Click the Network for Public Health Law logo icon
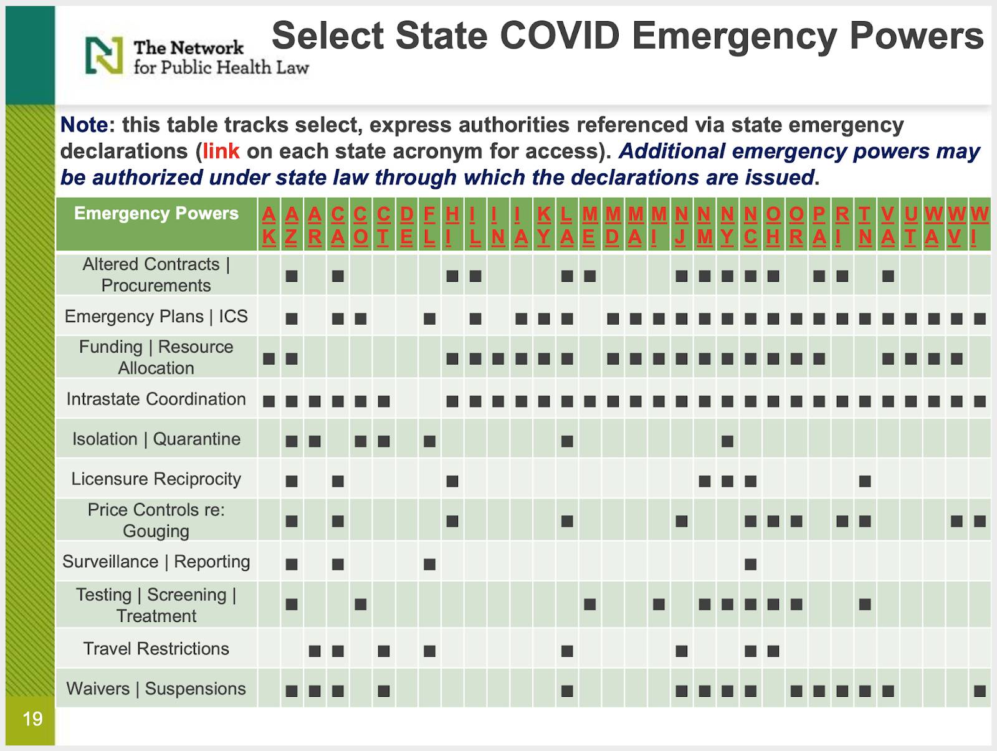(104, 55)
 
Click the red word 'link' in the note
(221, 151)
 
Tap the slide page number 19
(32, 719)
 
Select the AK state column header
(269, 226)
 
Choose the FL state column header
(429, 226)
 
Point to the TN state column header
(865, 226)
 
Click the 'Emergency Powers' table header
(156, 213)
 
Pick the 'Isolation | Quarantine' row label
(156, 439)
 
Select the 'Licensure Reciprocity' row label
(156, 479)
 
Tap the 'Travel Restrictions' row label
(156, 648)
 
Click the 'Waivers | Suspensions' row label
(156, 688)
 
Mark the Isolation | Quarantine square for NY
(727, 441)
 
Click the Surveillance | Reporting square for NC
(750, 564)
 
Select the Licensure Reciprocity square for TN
(865, 481)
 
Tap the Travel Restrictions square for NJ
(681, 651)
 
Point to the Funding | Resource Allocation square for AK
(269, 359)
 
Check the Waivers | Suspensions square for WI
(980, 691)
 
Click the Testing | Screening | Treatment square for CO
(361, 605)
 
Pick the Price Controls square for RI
(842, 521)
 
